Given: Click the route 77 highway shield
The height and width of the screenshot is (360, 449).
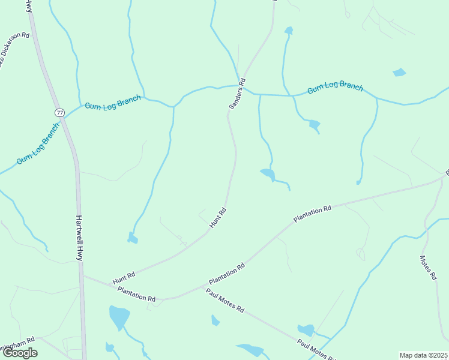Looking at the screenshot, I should tap(59, 112).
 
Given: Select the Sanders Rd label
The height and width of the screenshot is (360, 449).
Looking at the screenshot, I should tap(238, 94).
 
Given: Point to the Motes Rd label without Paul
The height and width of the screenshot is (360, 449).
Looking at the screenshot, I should tap(427, 267).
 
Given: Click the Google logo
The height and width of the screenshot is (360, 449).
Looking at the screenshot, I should tap(20, 353).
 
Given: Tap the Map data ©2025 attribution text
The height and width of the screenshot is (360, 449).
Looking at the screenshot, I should tap(424, 355).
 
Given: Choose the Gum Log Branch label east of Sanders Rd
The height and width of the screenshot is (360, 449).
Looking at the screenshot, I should tap(335, 88).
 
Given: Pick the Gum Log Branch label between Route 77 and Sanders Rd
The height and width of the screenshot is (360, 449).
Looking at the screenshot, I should tap(113, 101).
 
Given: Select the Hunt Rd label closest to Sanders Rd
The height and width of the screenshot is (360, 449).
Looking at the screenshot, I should tap(218, 217).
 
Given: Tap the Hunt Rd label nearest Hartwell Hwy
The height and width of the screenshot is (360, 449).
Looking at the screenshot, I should tap(124, 277).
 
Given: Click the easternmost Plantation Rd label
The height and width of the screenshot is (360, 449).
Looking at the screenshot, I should tap(312, 214).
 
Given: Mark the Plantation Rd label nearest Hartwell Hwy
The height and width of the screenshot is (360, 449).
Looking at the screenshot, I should tap(137, 294).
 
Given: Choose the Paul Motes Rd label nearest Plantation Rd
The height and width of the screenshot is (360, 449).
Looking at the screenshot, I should tap(225, 301).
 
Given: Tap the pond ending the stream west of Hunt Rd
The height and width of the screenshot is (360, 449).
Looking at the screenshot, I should tap(132, 239).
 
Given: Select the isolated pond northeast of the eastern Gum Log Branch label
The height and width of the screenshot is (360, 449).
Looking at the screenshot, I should tap(399, 73).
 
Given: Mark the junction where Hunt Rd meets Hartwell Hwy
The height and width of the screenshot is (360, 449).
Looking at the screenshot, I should tap(82, 277).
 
